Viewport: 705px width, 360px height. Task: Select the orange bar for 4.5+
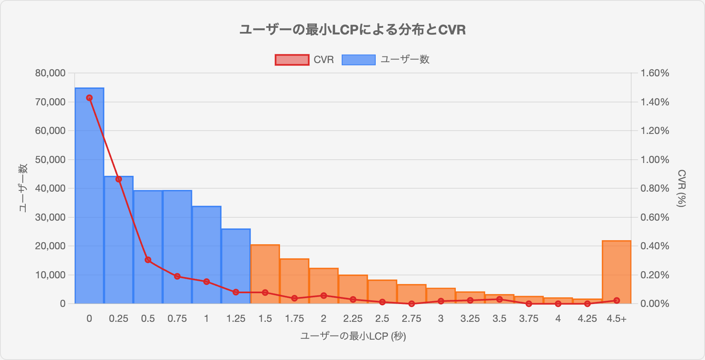[x=616, y=272]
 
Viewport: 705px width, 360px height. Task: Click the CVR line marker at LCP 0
[x=89, y=98]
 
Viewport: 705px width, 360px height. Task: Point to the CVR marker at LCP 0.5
[x=148, y=260]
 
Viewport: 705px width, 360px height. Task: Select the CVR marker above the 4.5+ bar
[x=616, y=300]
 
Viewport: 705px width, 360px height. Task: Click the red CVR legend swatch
[x=292, y=60]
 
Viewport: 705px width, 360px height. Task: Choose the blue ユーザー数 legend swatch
[x=358, y=60]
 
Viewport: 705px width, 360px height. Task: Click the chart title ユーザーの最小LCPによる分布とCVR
[x=352, y=30]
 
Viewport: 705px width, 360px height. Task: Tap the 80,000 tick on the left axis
[x=51, y=73]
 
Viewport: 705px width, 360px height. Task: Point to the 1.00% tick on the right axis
[x=654, y=160]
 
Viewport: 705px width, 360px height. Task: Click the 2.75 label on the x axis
[x=411, y=319]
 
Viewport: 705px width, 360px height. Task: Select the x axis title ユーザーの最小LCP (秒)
[x=352, y=336]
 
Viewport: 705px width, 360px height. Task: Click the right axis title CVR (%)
[x=681, y=188]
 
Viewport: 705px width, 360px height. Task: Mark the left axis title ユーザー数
[x=23, y=188]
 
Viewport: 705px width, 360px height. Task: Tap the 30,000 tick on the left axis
[x=51, y=217]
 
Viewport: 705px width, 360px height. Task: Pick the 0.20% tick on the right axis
[x=654, y=275]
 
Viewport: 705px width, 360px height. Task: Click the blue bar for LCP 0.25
[x=119, y=241]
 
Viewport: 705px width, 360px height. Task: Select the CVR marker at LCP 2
[x=324, y=296]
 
